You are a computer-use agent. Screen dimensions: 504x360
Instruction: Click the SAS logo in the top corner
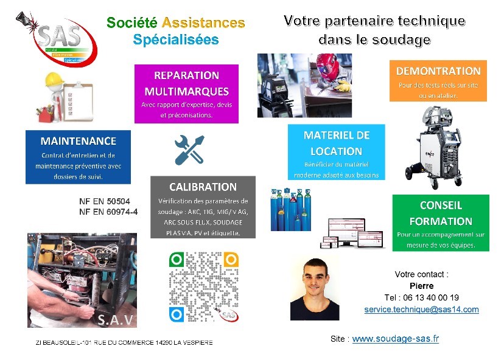click(57, 38)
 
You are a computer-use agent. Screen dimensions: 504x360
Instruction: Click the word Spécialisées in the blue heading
click(176, 40)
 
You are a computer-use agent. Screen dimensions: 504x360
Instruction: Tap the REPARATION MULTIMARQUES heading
click(186, 83)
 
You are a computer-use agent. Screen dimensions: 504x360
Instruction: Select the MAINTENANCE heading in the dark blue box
click(79, 141)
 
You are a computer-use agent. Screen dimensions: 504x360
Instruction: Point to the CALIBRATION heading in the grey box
click(203, 187)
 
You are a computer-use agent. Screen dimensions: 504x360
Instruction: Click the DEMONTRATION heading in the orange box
click(438, 71)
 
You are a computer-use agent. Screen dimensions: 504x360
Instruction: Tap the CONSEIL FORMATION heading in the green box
click(441, 213)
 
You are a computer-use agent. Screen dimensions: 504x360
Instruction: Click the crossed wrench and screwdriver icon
click(189, 150)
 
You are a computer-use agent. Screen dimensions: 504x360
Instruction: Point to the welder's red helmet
click(328, 66)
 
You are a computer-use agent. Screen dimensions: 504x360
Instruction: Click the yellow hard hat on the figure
click(54, 79)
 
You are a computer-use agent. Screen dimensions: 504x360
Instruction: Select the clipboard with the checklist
click(78, 102)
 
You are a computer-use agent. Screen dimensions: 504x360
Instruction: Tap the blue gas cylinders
click(291, 210)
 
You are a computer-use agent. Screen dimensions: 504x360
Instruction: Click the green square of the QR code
click(177, 260)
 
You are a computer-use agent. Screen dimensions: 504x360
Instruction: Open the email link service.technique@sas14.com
click(421, 310)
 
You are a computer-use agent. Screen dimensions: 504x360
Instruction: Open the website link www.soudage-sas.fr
click(396, 339)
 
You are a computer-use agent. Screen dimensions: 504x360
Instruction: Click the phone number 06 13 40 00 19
click(431, 297)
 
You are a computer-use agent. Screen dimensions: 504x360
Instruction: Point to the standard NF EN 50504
click(105, 201)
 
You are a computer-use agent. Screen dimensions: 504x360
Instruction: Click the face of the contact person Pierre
click(315, 279)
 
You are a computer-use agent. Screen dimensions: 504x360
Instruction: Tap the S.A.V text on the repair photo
click(115, 320)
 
